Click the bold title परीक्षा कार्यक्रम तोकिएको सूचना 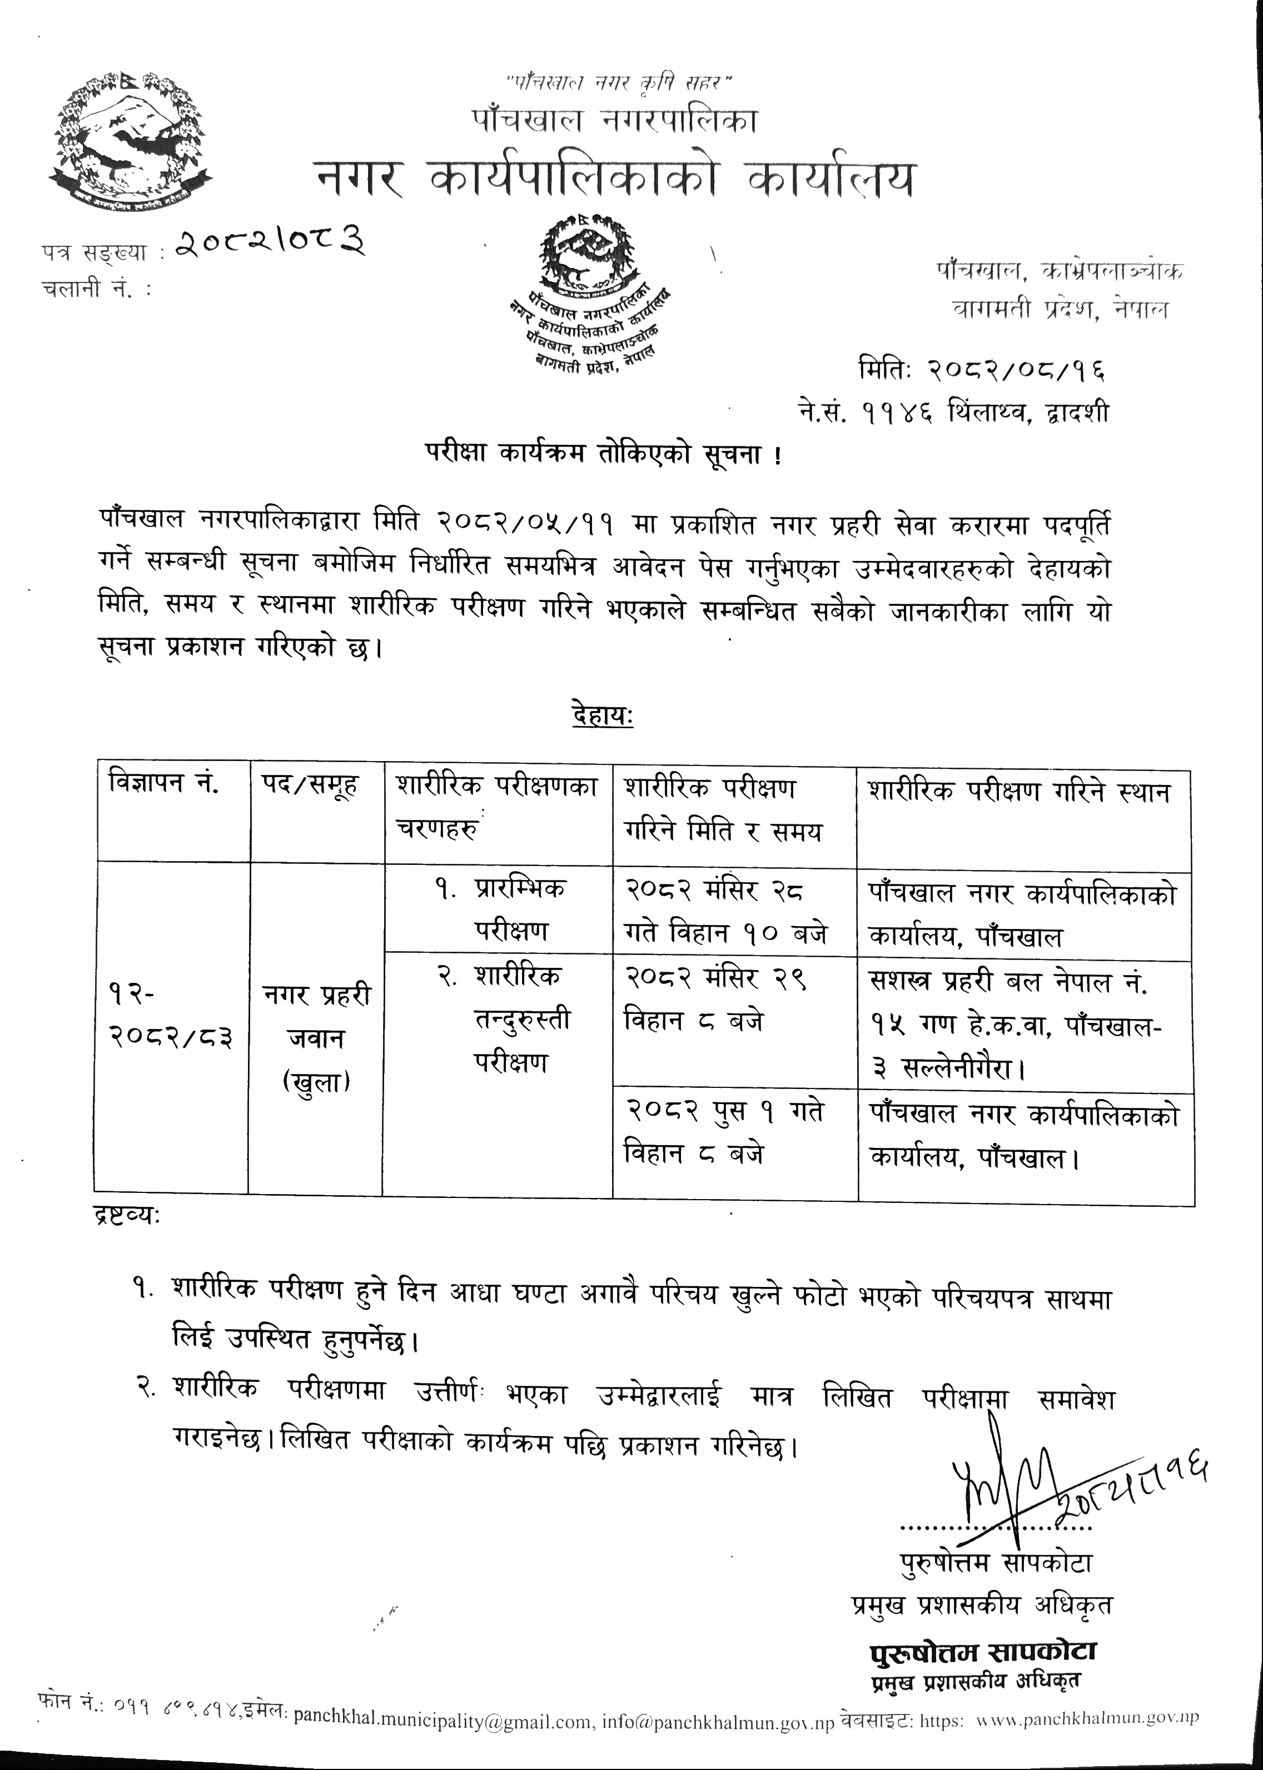click(x=603, y=454)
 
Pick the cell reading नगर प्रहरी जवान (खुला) click(x=316, y=1038)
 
